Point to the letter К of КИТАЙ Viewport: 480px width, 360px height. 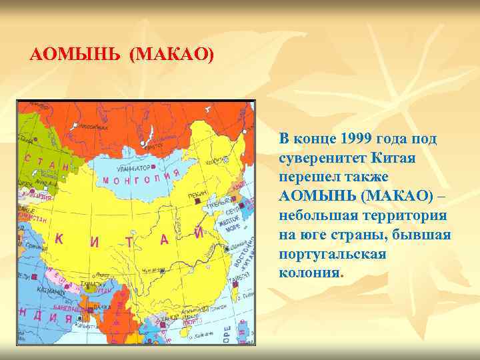click(59, 239)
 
